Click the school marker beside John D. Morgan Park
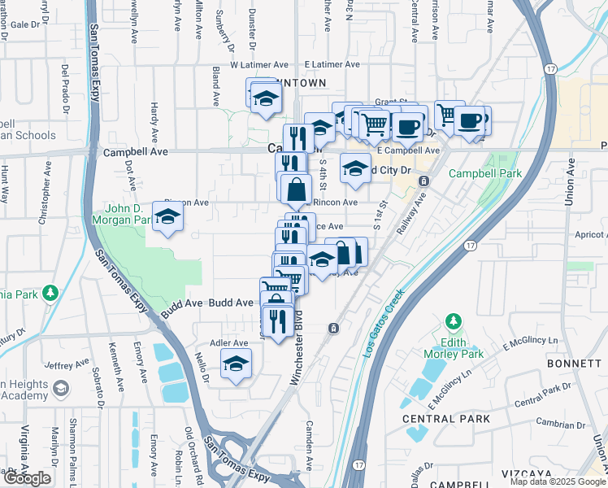[x=167, y=216]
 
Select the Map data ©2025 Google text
[x=557, y=481]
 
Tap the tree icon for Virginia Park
[x=50, y=291]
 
